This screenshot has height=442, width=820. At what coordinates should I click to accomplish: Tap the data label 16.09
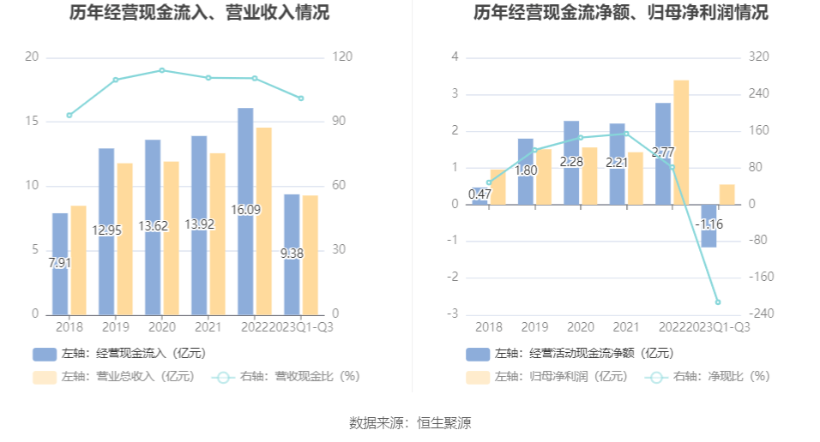245,209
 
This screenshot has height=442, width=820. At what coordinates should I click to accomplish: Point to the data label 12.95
106,230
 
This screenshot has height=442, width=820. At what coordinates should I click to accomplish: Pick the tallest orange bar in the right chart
681,141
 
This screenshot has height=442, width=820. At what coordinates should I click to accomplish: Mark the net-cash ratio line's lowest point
717,302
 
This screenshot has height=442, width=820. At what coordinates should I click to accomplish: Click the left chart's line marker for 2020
161,70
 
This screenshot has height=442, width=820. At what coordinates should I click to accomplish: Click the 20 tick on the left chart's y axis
33,57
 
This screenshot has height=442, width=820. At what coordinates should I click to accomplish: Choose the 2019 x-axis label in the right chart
534,327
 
